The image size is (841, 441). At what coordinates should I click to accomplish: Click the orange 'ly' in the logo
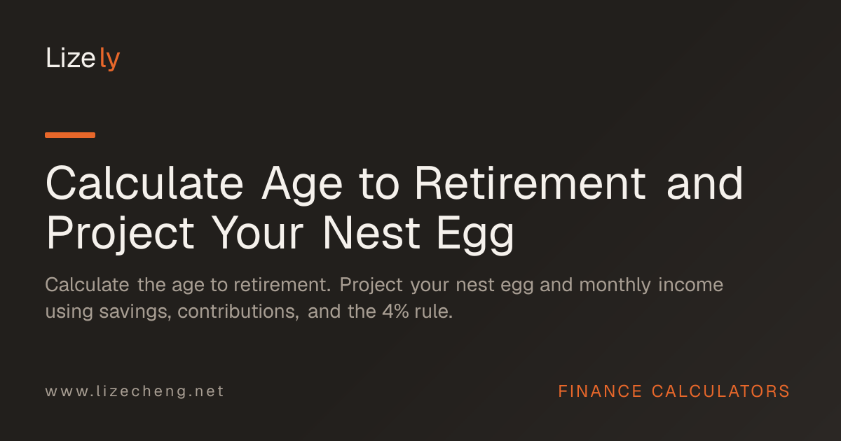tap(110, 59)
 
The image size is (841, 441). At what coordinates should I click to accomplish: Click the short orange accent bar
tap(70, 135)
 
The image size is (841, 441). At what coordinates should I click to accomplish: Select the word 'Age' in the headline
tap(302, 185)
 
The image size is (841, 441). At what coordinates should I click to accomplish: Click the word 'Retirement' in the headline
tap(530, 183)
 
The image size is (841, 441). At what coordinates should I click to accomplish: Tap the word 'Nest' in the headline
tap(371, 232)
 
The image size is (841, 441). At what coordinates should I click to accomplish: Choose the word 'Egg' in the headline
tap(475, 234)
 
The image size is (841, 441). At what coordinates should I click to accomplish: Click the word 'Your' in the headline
tap(257, 232)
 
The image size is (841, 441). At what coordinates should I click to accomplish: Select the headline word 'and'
tap(705, 183)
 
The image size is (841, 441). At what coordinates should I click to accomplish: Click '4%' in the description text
tap(396, 311)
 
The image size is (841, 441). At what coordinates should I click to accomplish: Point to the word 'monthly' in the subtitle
tap(615, 286)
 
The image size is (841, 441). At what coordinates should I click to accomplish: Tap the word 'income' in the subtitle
tap(691, 285)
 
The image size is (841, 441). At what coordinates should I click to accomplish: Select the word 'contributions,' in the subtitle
tap(238, 311)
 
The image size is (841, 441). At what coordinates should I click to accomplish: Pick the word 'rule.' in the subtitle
tap(434, 311)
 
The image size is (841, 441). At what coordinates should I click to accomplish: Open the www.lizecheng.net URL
tap(135, 391)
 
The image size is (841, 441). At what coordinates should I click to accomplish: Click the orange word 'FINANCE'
tap(600, 391)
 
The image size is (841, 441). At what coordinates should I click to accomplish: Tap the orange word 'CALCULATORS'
tap(721, 391)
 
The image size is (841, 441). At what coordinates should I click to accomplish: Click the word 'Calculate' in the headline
tap(144, 183)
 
